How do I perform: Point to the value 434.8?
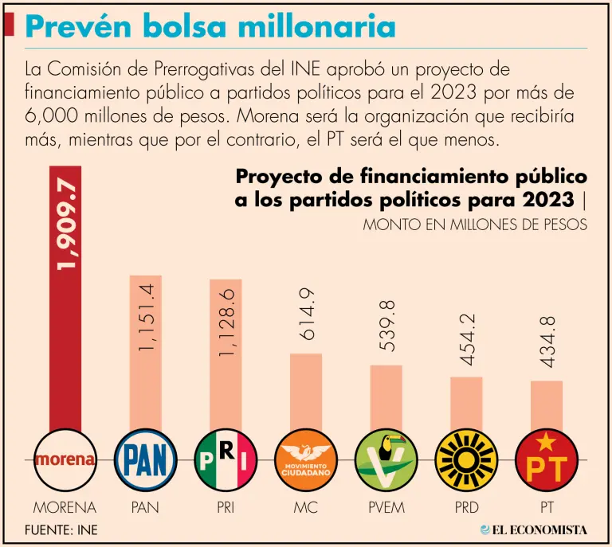point(547,342)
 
